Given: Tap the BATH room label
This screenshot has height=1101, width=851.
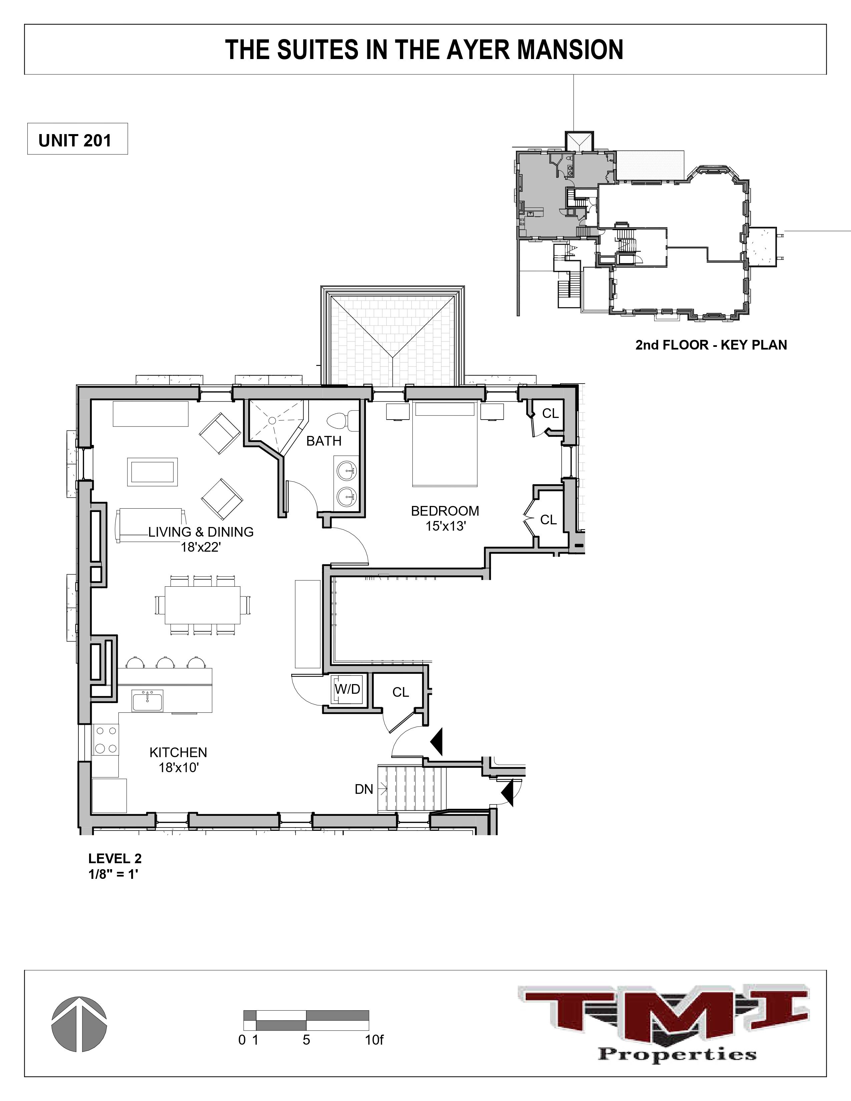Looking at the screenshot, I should tap(324, 441).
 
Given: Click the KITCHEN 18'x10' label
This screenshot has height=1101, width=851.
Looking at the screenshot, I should tap(178, 760).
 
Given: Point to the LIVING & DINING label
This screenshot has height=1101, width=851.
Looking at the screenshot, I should tap(200, 532).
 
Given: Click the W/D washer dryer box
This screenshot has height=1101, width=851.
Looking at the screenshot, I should tap(347, 689).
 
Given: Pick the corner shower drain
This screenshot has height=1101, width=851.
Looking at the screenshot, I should tap(272, 420).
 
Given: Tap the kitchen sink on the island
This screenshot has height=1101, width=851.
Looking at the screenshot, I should tap(147, 701).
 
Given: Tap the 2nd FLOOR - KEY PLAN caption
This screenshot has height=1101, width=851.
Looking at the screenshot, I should tap(711, 345).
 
